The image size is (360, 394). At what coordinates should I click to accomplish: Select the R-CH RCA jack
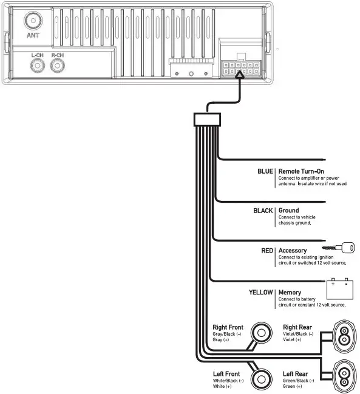click(x=58, y=68)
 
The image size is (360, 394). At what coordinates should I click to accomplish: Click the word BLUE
click(x=265, y=172)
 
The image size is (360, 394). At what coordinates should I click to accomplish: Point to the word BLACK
click(x=263, y=211)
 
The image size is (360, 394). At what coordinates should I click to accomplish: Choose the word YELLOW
click(x=260, y=293)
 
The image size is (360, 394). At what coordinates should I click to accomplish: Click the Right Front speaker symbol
click(x=262, y=333)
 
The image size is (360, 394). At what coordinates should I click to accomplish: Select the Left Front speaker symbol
click(x=262, y=379)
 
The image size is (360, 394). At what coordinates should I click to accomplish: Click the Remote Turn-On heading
click(x=301, y=172)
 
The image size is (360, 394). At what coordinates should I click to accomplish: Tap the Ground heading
click(x=288, y=211)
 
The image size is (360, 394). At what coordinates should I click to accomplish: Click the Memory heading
click(x=290, y=293)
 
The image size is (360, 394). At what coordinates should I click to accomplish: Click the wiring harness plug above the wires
click(x=206, y=120)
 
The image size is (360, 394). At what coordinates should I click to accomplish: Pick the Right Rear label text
click(x=297, y=327)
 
